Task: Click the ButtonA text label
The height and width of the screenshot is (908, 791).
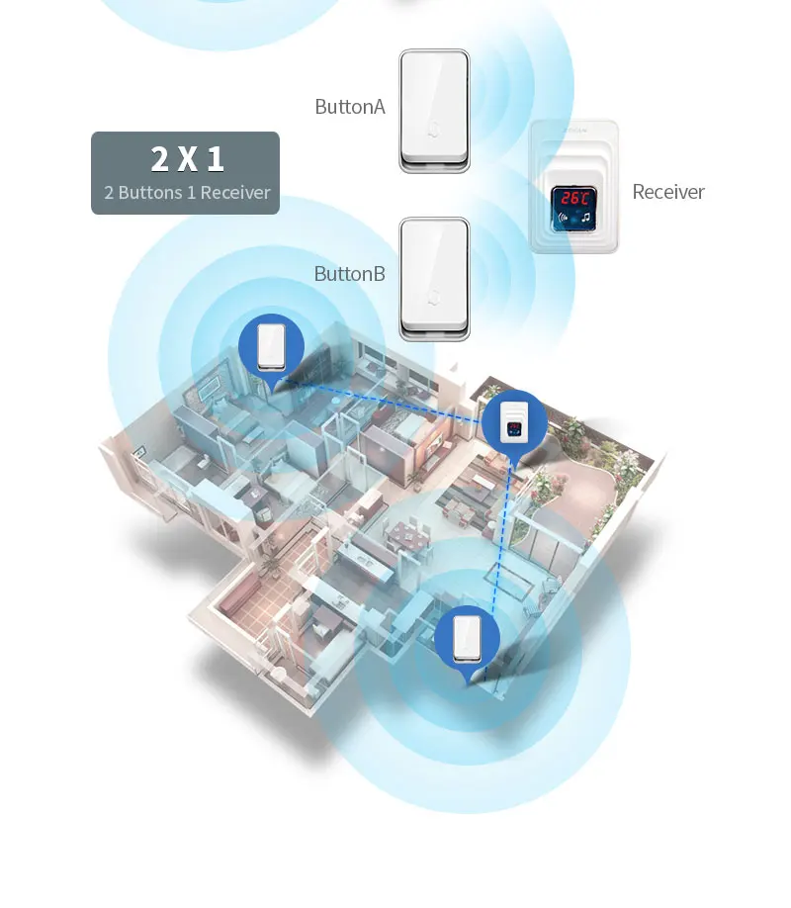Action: [349, 107]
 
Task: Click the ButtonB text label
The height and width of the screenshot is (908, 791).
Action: [349, 274]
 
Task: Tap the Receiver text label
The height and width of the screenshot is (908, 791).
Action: [668, 192]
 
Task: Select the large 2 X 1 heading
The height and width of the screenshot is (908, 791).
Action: [187, 158]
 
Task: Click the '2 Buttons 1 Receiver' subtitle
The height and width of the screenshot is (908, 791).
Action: [187, 193]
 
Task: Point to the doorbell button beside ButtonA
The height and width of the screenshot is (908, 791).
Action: [434, 110]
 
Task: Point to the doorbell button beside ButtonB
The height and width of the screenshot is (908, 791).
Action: [434, 279]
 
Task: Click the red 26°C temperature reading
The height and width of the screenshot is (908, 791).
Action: [574, 197]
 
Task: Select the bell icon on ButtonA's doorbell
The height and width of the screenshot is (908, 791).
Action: [434, 130]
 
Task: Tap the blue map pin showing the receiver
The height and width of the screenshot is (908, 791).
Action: [513, 423]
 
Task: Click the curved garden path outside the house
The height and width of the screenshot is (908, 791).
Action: [603, 495]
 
